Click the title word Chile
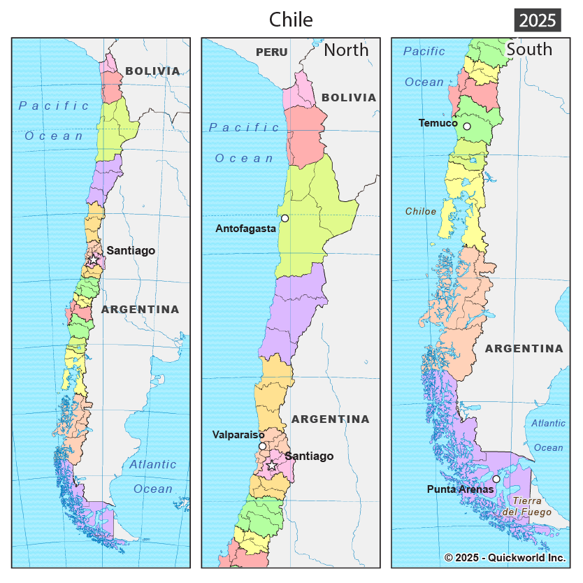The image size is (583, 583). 291,20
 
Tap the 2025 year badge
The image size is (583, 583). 538,20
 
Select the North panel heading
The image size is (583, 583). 346,50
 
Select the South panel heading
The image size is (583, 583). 529,49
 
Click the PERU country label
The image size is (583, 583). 272,52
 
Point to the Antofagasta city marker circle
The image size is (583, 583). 285,218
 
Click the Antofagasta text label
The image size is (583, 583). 245,229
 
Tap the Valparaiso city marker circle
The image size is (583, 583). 262,446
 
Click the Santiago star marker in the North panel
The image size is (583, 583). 272,465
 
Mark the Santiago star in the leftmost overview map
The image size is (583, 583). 93,259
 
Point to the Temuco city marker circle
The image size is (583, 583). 467,127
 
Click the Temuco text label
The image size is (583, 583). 438,123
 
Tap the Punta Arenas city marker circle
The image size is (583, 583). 496,479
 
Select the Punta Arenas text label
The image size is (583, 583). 460,489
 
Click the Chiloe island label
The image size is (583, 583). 421,211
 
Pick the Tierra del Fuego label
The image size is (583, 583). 527,507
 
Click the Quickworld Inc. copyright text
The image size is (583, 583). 505,558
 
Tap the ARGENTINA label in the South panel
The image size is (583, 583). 524,348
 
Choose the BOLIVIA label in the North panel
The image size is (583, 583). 349,98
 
